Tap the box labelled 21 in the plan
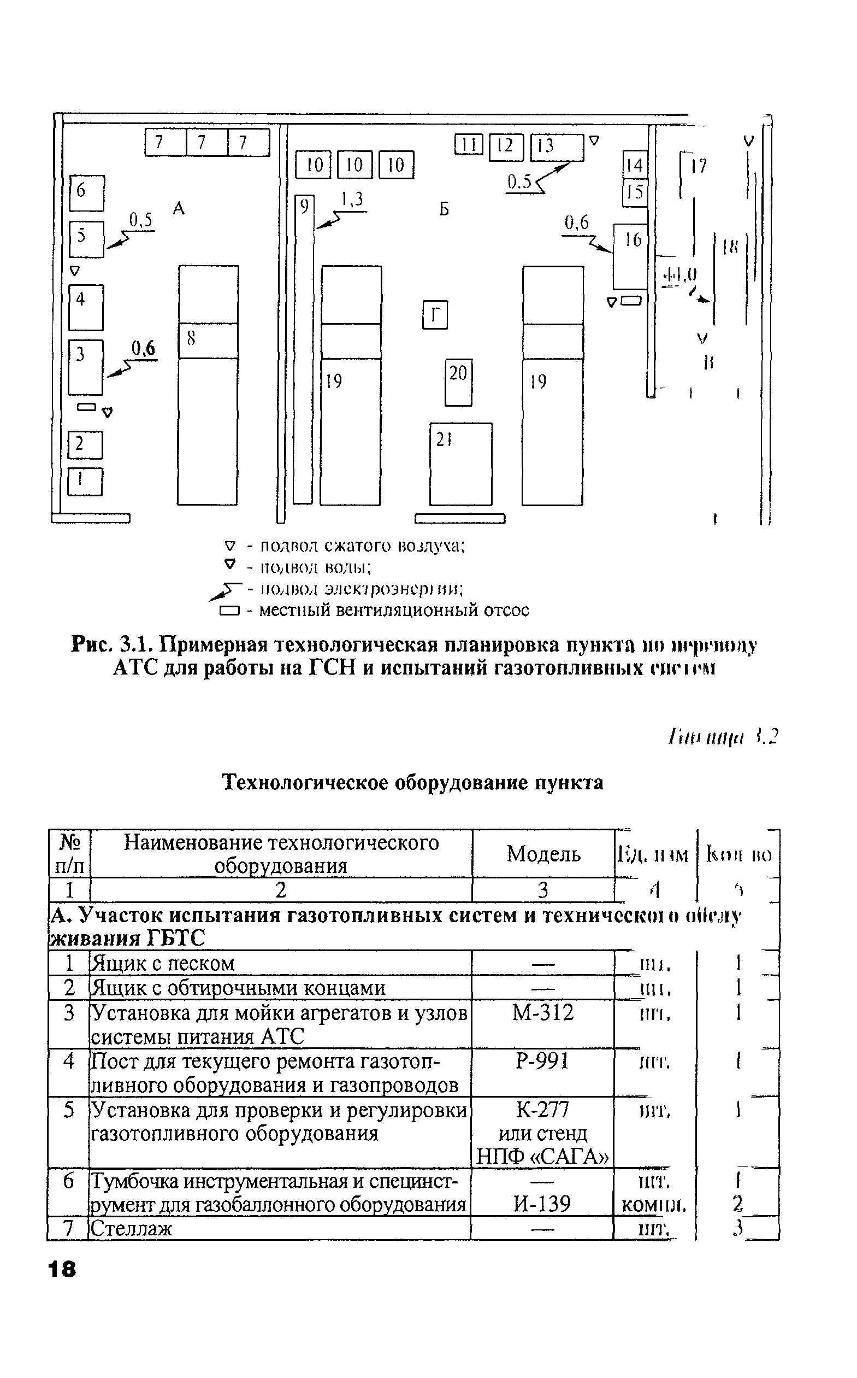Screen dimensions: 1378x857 point(460,464)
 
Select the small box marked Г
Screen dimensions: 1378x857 point(435,315)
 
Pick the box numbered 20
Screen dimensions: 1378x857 point(458,382)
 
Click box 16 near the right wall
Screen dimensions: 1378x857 point(630,256)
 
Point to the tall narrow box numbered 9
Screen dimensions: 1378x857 point(303,348)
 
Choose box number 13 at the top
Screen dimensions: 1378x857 point(556,147)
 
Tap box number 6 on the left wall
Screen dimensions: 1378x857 point(87,193)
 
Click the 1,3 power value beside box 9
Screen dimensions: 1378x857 point(352,200)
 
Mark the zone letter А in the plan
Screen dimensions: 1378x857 point(179,209)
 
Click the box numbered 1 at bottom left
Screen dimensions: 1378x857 point(85,482)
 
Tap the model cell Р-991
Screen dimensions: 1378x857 point(542,1060)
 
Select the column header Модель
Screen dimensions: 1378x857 point(543,853)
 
